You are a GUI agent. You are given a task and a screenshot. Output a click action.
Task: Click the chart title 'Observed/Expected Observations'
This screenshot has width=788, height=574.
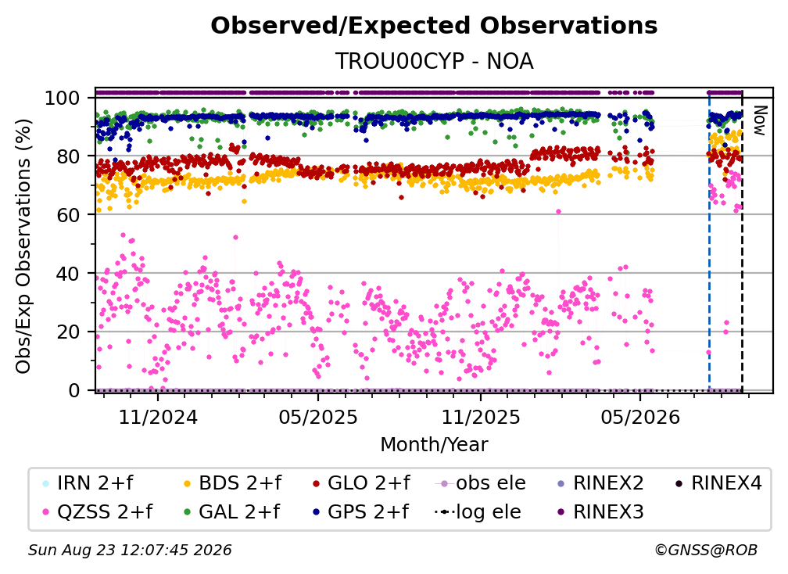(x=434, y=26)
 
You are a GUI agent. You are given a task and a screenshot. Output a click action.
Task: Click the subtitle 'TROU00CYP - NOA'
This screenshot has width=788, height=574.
(x=434, y=61)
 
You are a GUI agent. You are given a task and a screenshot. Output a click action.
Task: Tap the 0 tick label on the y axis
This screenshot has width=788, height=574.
(x=74, y=390)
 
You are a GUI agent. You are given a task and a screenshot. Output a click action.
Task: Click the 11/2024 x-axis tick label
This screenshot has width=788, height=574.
(x=158, y=417)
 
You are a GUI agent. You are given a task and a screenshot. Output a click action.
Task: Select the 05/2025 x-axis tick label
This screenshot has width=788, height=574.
(x=318, y=417)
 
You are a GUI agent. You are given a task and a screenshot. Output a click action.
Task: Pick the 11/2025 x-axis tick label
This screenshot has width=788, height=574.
(x=481, y=417)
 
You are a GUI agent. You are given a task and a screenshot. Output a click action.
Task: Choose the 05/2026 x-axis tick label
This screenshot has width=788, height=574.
(x=640, y=417)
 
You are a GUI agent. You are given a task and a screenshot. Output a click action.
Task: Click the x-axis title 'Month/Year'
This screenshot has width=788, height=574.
(x=434, y=445)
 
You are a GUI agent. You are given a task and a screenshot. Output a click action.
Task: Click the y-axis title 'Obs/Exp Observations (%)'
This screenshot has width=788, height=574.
(x=23, y=246)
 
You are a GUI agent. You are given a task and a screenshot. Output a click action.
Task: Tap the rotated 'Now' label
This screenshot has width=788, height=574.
(x=759, y=120)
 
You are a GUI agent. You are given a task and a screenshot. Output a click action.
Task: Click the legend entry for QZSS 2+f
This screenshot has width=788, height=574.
(x=98, y=512)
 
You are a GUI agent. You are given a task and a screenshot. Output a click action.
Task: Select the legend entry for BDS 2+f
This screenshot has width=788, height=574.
(x=234, y=483)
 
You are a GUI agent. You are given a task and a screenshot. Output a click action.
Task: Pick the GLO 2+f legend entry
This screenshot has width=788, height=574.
(x=361, y=483)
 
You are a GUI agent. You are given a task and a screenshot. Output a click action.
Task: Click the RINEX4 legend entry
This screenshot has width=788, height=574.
(x=718, y=483)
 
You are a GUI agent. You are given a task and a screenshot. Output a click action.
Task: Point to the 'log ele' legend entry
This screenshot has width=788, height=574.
(x=478, y=512)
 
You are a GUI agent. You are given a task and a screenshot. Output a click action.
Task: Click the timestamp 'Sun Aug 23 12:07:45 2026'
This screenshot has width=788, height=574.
(x=130, y=551)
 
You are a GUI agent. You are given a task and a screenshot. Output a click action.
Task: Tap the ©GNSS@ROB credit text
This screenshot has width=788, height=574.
(x=706, y=551)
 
